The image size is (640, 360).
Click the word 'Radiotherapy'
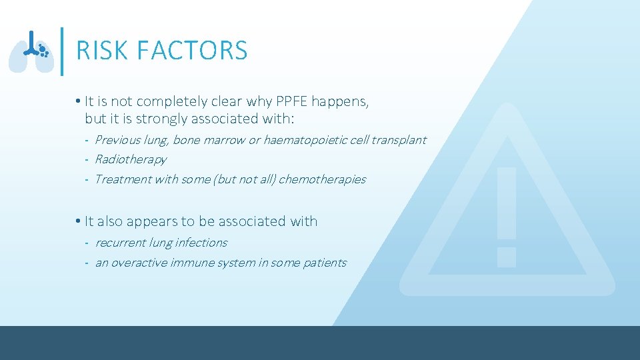(131, 159)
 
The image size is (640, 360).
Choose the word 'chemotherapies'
(322, 179)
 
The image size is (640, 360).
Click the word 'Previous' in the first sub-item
(118, 140)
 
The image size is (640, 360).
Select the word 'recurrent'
(120, 243)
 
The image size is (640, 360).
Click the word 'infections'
(201, 243)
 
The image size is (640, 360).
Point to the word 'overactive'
(139, 263)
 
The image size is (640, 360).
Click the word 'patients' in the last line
(325, 263)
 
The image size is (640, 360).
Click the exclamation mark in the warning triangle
(507, 217)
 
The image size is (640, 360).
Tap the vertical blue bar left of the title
(62, 51)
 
